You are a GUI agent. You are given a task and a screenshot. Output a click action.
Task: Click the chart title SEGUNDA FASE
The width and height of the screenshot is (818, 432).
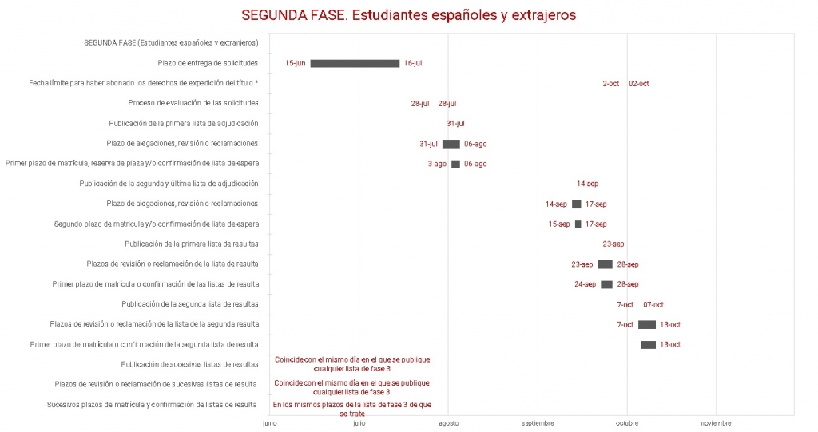click(408, 15)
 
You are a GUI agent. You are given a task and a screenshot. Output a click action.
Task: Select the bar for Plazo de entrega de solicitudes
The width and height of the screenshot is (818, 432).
click(355, 63)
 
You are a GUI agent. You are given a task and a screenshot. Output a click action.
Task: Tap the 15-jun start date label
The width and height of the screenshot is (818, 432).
click(295, 63)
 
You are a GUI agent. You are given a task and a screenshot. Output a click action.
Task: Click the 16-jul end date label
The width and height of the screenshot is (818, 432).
click(413, 63)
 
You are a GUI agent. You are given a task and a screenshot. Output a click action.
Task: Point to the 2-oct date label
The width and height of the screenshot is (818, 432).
click(610, 83)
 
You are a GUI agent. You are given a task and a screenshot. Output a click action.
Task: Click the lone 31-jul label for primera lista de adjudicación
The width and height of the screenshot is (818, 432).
click(455, 124)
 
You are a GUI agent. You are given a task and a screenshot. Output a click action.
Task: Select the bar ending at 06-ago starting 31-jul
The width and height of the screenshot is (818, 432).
click(451, 144)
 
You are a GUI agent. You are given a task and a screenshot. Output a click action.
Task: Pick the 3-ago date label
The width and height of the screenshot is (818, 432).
click(437, 164)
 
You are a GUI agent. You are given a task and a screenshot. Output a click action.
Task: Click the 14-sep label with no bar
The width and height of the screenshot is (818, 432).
click(587, 184)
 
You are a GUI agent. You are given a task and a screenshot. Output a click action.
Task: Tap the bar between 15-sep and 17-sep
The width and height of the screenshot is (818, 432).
click(578, 224)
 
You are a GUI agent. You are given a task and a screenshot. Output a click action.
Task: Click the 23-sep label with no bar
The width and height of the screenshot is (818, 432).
click(613, 244)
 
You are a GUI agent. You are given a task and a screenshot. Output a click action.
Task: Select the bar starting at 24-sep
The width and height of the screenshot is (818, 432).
click(606, 284)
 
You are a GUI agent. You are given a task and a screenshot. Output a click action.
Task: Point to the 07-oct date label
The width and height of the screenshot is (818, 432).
click(653, 304)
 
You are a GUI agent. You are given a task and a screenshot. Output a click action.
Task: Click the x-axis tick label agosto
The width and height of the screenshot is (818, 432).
click(448, 423)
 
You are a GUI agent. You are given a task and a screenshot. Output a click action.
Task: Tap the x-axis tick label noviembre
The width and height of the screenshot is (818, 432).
click(716, 423)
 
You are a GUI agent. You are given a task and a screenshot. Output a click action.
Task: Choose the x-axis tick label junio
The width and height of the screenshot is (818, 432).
click(270, 423)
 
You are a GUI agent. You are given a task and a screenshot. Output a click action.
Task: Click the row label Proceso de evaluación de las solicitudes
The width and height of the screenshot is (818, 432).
click(193, 103)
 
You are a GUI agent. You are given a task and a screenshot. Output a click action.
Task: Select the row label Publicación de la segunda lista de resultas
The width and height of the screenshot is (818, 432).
click(190, 304)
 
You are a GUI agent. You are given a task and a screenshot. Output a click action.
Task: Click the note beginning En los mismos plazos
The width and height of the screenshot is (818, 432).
click(352, 409)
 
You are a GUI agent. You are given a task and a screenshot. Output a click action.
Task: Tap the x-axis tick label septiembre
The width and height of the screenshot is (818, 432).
click(538, 423)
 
